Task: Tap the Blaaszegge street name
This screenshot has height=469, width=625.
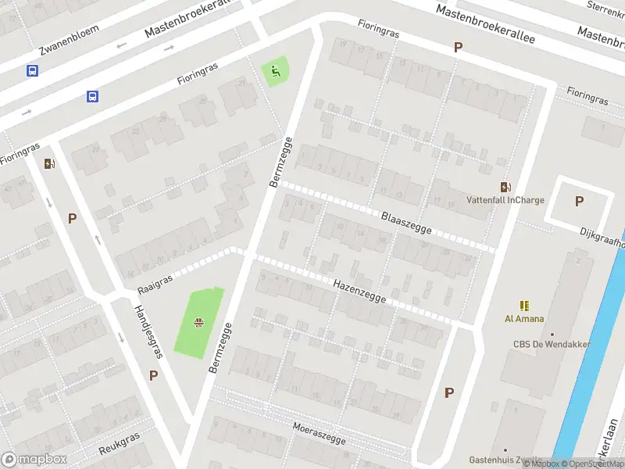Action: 406,222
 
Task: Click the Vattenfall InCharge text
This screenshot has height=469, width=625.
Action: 505,200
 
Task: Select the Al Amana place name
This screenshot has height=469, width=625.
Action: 523,319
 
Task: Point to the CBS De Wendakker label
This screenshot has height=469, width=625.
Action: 552,344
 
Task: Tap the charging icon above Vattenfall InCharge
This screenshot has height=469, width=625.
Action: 505,187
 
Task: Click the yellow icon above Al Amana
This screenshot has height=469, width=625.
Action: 523,306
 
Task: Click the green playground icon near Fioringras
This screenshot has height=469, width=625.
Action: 274,72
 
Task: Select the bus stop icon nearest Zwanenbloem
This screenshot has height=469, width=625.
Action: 32,71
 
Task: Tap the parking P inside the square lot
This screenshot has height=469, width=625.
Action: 579,201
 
